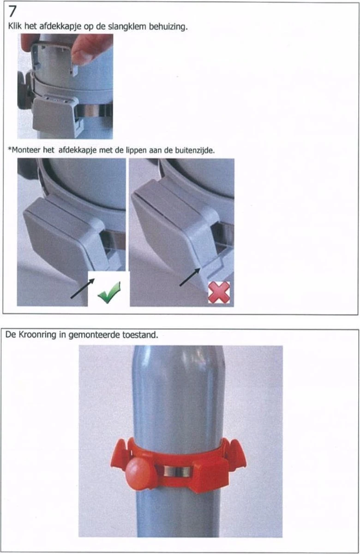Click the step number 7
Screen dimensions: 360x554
point(12,12)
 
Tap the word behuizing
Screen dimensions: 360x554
point(168,27)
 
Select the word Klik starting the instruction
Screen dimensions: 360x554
point(15,26)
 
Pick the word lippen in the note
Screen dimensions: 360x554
point(137,151)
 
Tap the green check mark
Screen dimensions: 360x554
point(109,293)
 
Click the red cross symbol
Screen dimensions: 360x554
point(219,292)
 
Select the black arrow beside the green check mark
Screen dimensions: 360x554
point(83,289)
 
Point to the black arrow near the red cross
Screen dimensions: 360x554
point(190,277)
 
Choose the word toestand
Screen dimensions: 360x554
point(140,335)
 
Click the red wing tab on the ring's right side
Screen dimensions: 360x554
point(237,455)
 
